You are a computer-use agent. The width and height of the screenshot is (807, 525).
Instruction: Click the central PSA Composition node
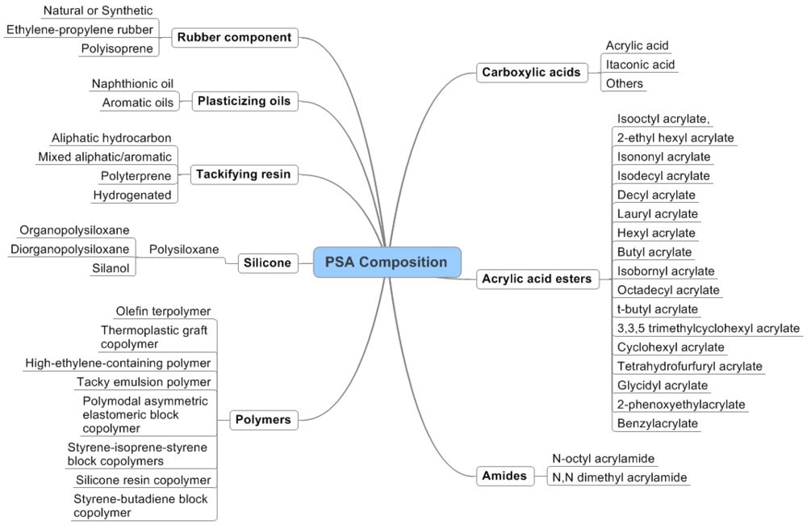tap(387, 262)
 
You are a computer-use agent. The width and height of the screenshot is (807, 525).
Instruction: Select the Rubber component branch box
tap(234, 37)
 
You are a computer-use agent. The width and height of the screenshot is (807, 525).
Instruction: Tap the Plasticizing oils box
tap(245, 101)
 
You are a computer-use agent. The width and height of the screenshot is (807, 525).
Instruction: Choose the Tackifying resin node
tap(243, 173)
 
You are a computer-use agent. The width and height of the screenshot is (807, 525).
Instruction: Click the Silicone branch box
tap(266, 262)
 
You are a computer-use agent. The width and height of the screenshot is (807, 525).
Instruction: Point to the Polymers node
tap(262, 419)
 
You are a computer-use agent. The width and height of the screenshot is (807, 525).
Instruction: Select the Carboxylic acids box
tap(531, 73)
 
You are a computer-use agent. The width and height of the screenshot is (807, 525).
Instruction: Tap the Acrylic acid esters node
tap(537, 279)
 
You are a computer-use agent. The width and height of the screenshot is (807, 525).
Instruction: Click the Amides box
tap(504, 476)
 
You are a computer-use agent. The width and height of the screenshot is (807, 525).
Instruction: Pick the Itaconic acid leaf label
tap(640, 64)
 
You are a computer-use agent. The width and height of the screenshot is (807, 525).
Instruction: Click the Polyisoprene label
tap(116, 48)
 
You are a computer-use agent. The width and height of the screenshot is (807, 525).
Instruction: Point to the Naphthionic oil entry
tap(132, 84)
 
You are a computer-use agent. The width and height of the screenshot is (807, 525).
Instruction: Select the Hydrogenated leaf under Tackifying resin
tap(132, 195)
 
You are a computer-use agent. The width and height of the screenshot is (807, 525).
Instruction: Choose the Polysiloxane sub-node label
tap(184, 250)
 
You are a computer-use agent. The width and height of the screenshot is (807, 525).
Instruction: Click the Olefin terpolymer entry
tap(163, 311)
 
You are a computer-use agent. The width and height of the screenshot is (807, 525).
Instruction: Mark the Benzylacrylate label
tap(657, 422)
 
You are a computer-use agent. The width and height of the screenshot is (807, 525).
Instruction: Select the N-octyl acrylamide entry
tap(603, 458)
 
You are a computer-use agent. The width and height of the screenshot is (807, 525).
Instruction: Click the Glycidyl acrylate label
tap(662, 385)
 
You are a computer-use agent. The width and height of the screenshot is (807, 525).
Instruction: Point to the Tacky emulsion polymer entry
tap(144, 381)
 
